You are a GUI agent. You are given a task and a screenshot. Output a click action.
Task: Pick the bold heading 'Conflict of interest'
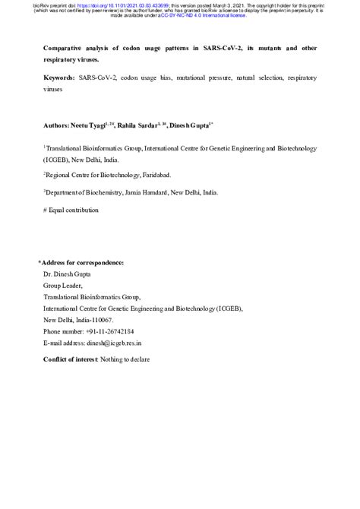coord(69,358)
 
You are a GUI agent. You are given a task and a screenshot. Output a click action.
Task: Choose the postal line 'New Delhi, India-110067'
coord(78,321)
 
